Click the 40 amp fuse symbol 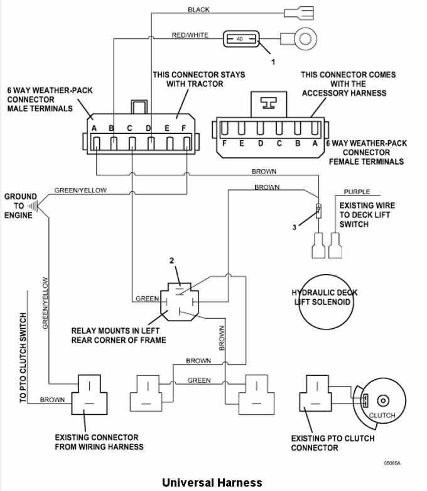[241, 39]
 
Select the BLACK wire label [198, 9]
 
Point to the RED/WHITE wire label [190, 35]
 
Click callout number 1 [273, 62]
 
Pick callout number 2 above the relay [171, 260]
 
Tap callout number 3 [294, 228]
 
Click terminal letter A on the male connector [94, 128]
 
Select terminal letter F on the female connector [224, 143]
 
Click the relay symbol [180, 302]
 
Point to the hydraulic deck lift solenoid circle [326, 302]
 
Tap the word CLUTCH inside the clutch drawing [382, 415]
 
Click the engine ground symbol [33, 206]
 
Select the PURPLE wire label [357, 192]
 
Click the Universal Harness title [212, 483]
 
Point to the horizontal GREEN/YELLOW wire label [80, 190]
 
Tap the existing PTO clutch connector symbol [315, 394]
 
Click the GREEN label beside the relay [147, 299]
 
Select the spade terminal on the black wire [299, 13]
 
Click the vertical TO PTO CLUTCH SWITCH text [23, 358]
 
